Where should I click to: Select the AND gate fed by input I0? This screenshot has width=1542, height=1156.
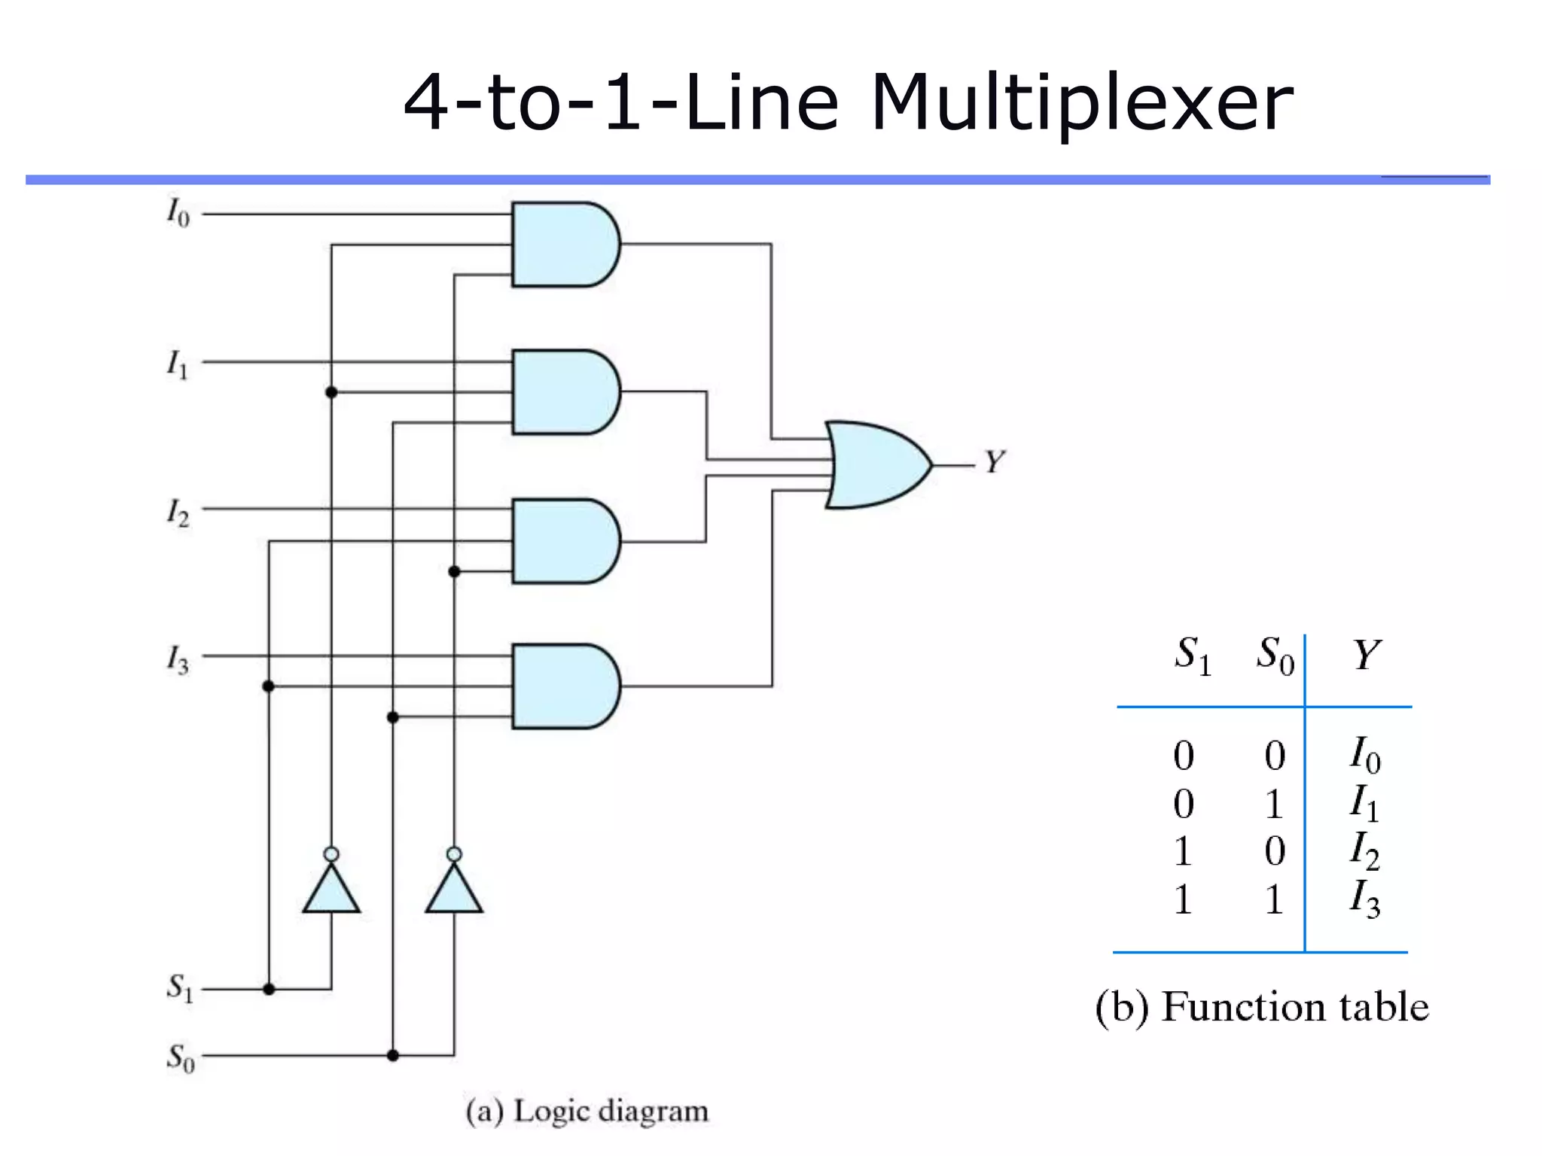coord(563,244)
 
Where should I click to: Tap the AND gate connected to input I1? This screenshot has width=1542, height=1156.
coord(563,392)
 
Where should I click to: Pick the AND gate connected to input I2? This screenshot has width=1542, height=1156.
coord(563,540)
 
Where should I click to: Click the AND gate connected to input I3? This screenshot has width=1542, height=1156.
coord(563,686)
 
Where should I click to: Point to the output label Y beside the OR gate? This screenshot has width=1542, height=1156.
coord(995,461)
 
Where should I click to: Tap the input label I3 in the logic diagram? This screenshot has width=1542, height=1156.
coord(178,659)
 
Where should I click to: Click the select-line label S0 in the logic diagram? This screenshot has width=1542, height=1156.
coord(180,1057)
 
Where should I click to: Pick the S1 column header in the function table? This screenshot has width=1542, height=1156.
coord(1192,654)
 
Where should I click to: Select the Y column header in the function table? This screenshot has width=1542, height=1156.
coord(1367,654)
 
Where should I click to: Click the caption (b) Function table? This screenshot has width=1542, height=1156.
coord(1262,1006)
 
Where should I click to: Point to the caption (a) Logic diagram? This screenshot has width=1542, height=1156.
coord(587,1111)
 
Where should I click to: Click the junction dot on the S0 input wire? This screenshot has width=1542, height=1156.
coord(392,1056)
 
